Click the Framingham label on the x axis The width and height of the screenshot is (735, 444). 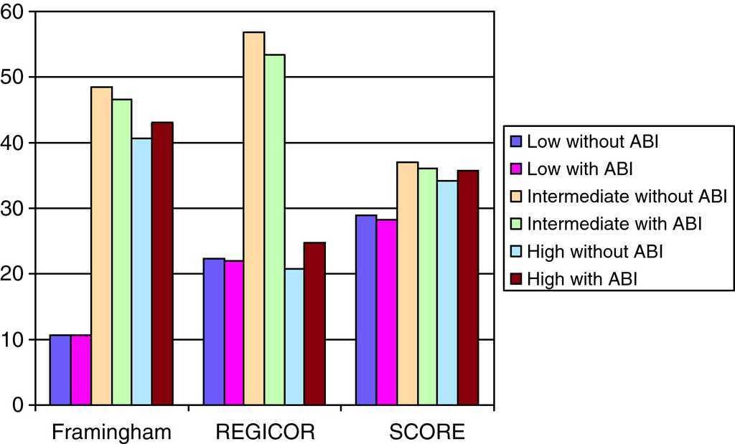(x=113, y=433)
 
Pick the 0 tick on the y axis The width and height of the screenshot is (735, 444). (x=21, y=406)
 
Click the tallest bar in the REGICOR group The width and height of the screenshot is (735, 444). (x=254, y=219)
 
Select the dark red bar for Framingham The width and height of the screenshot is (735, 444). (x=163, y=264)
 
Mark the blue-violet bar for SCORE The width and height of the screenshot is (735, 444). (x=367, y=310)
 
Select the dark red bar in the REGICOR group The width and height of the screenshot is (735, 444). (x=315, y=324)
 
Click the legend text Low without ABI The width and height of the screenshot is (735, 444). (x=593, y=141)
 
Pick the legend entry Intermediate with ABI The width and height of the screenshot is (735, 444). (x=614, y=224)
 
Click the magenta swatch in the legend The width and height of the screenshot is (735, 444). (x=517, y=169)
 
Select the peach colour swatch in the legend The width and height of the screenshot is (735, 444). (x=517, y=196)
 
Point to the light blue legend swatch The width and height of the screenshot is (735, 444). (x=517, y=252)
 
